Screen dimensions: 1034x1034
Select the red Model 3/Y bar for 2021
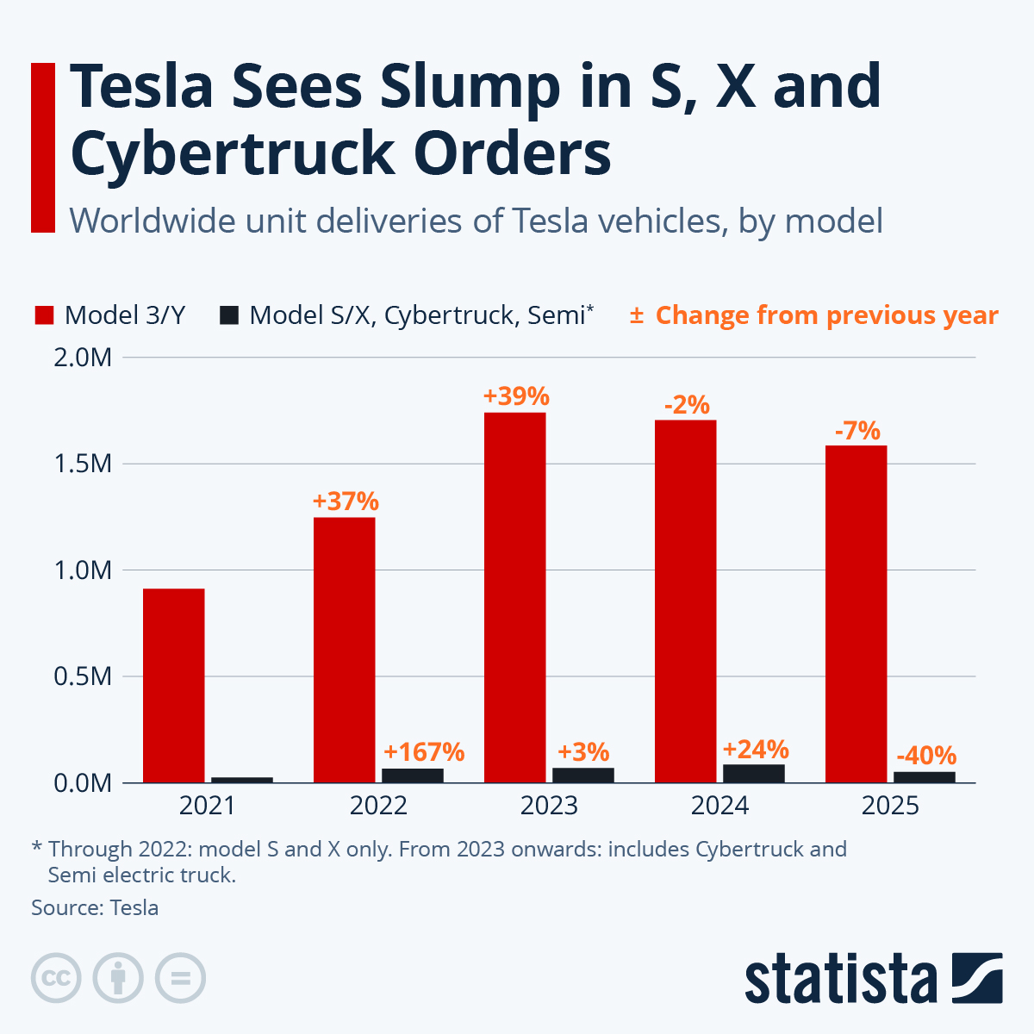coord(173,685)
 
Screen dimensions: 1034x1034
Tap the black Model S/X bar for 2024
coord(754,773)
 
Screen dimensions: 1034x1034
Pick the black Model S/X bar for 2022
coord(413,775)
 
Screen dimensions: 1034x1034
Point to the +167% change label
coord(424,752)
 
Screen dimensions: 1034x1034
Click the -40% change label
coord(926,756)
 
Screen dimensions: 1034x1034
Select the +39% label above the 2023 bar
coord(515,396)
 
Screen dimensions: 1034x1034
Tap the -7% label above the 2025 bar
coord(856,430)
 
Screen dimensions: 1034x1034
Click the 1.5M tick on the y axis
coord(83,464)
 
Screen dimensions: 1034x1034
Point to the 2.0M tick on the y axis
coord(83,357)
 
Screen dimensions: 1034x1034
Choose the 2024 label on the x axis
coord(719,806)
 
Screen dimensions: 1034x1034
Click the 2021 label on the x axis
coord(207,806)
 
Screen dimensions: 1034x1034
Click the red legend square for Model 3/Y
coord(44,315)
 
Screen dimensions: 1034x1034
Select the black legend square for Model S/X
coord(228,315)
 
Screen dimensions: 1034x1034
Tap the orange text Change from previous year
coord(826,315)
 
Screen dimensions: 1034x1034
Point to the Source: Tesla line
coord(95,907)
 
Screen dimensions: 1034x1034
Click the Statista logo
coord(873,979)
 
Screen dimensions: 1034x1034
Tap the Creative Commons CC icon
coord(56,979)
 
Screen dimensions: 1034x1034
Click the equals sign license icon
coord(180,979)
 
